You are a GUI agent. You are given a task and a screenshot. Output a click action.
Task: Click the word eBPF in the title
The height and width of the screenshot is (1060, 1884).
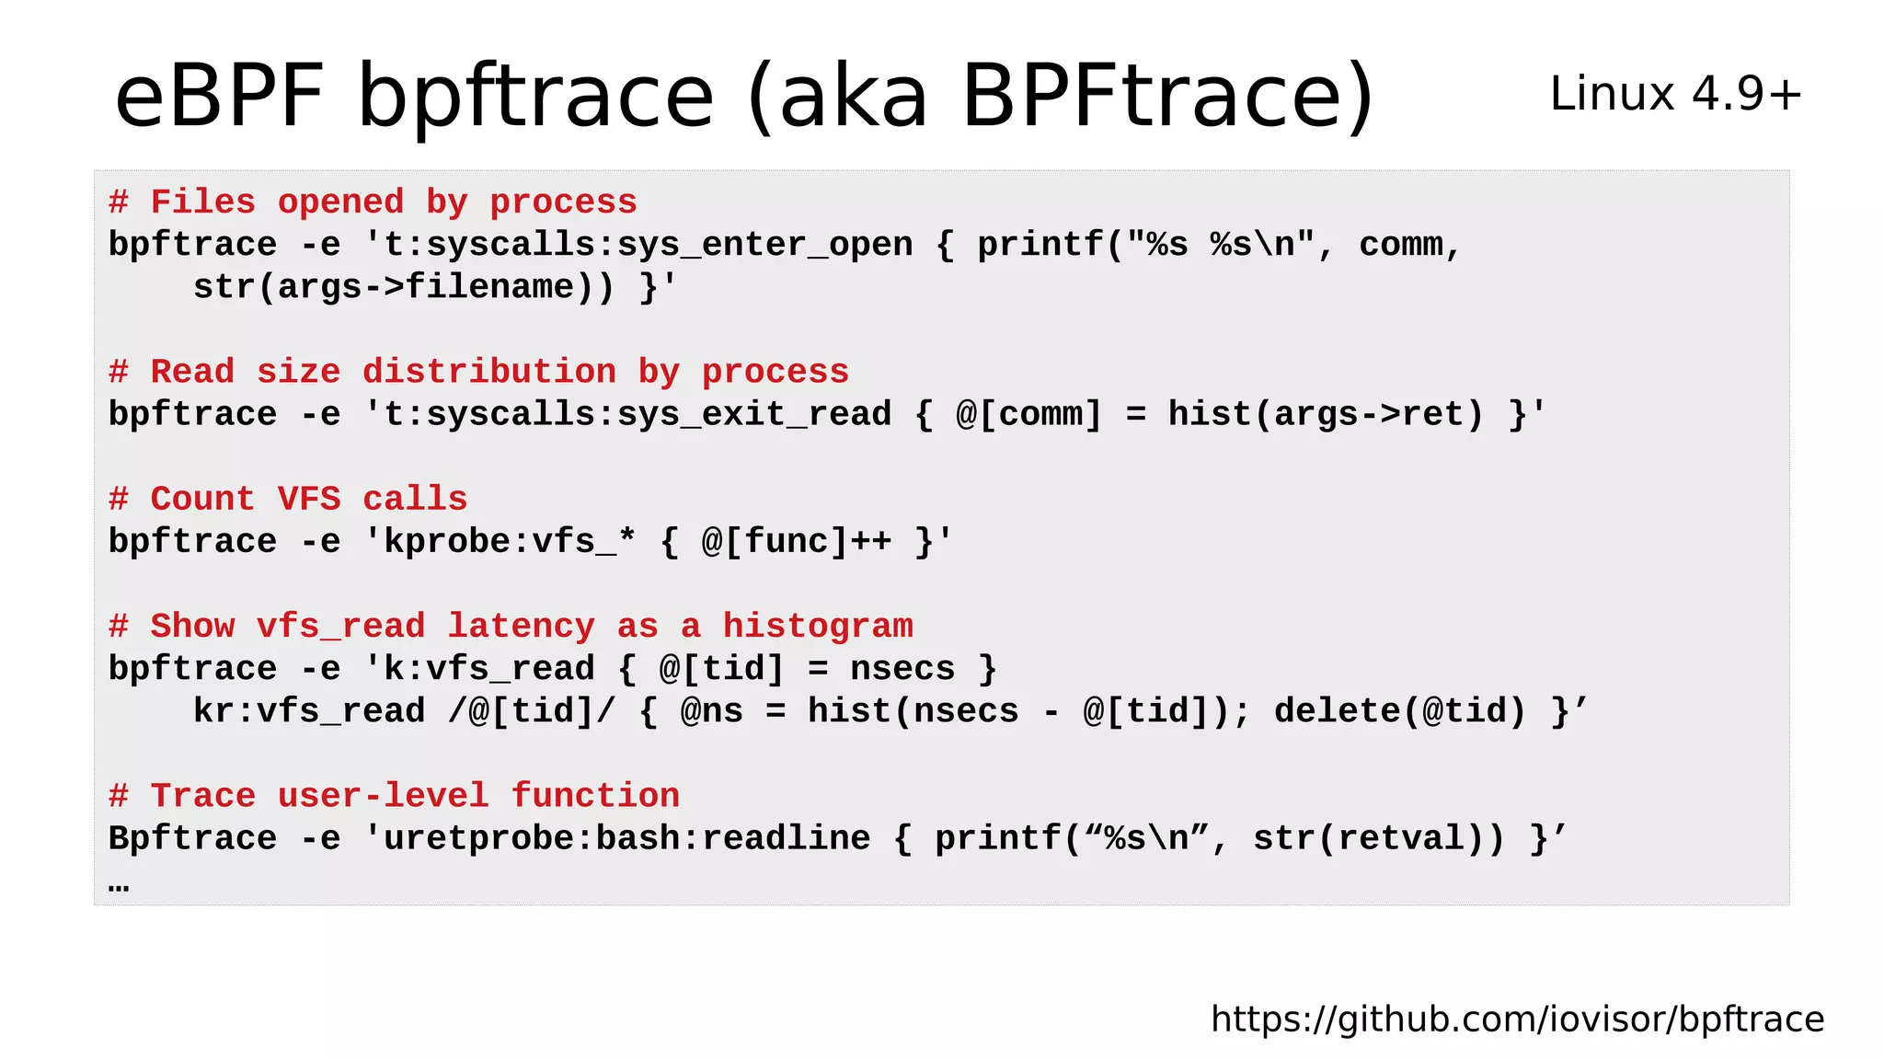point(219,96)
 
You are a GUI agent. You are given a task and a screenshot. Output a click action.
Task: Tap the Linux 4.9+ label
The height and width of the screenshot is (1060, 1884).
point(1675,94)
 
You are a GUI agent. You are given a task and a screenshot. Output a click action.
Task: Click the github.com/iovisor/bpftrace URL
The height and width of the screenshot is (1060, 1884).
point(1517,1019)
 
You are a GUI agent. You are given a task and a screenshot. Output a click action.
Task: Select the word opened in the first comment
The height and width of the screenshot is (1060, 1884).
point(340,202)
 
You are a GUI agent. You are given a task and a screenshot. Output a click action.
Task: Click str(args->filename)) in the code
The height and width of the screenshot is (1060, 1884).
point(404,287)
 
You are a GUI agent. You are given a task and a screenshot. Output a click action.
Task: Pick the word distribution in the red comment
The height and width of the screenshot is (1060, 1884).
point(488,372)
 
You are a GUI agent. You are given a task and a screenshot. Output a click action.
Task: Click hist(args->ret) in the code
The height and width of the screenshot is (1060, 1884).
point(1326,414)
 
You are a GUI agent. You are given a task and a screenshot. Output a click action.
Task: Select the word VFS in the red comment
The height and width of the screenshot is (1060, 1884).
point(309,499)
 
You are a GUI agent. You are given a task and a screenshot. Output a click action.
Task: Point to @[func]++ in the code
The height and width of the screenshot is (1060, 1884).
point(797,541)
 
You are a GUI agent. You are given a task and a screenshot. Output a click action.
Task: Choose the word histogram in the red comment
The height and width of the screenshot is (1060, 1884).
point(818,626)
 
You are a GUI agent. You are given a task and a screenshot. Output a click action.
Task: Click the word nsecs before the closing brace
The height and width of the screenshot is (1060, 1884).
point(902,668)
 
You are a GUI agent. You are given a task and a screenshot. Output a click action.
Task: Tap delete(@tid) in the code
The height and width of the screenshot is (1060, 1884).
point(1399,710)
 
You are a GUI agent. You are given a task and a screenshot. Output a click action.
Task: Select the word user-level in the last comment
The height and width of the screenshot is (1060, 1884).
point(383,795)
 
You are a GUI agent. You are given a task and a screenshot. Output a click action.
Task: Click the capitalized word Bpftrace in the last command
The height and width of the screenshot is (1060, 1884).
point(192,838)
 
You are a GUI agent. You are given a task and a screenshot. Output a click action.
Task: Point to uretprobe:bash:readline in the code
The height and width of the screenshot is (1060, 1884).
point(626,838)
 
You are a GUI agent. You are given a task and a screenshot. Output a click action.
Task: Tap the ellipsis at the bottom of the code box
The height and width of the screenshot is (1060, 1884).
point(119,885)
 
